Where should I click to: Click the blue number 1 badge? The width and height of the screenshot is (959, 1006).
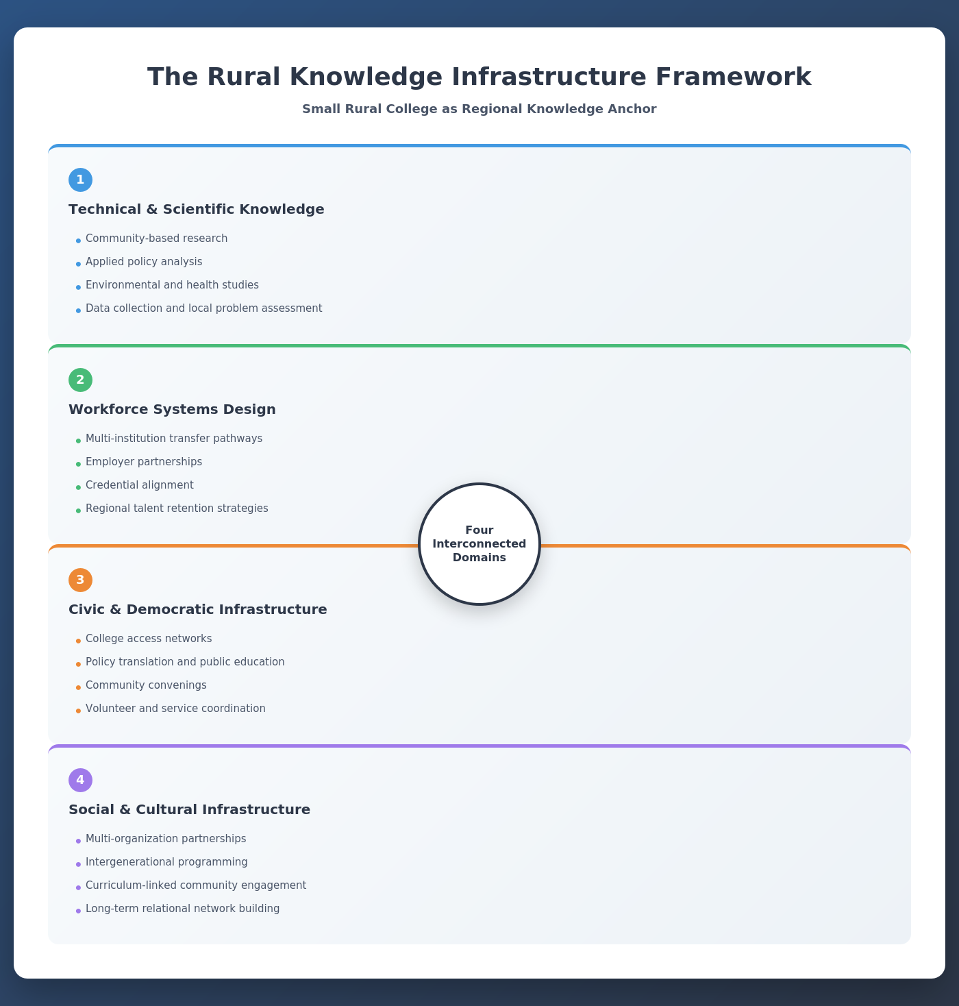(x=80, y=180)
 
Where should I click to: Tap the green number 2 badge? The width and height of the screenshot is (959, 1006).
(x=80, y=380)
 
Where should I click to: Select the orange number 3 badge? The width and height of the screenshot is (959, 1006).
(x=80, y=580)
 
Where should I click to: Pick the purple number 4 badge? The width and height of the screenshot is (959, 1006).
(x=80, y=780)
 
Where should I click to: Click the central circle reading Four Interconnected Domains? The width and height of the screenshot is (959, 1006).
(x=480, y=544)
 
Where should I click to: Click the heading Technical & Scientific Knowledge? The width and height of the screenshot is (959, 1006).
(x=197, y=209)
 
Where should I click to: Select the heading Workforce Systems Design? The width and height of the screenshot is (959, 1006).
(x=172, y=409)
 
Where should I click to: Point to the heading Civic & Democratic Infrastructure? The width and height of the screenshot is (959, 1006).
(x=198, y=609)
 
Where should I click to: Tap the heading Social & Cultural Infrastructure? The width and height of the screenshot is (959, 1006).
(x=189, y=809)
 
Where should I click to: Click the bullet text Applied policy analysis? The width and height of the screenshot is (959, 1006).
(x=144, y=262)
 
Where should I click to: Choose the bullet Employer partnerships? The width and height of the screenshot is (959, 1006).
(x=144, y=462)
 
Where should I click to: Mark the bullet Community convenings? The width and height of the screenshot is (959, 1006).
(x=146, y=685)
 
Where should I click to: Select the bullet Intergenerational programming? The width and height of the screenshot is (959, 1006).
(x=166, y=862)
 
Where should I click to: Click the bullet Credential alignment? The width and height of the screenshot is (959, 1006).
(x=140, y=485)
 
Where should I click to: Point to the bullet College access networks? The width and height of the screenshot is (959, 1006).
(x=149, y=639)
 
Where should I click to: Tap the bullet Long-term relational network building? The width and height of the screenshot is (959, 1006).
(x=182, y=909)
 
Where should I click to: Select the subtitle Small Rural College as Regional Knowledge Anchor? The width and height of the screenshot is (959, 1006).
(x=480, y=109)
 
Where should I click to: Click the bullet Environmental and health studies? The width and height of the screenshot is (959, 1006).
(x=172, y=285)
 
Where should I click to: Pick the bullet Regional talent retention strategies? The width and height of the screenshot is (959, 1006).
(x=177, y=508)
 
